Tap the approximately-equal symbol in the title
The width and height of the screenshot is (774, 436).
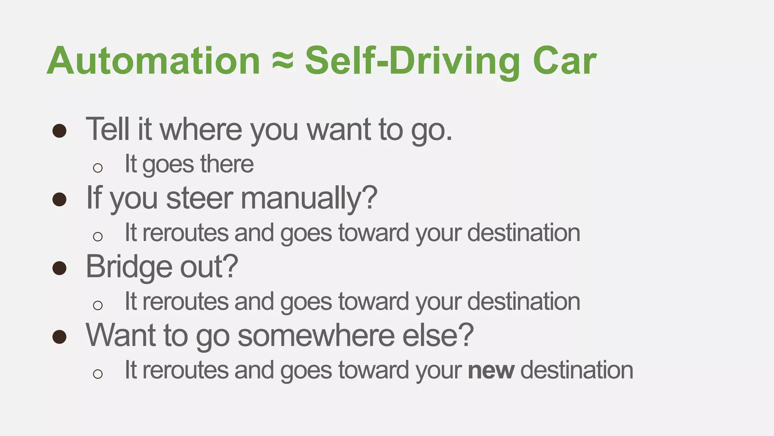(283, 61)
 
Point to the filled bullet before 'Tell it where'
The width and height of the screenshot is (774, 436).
(59, 131)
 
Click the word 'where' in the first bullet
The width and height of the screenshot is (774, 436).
(201, 129)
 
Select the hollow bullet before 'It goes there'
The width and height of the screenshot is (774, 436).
(98, 168)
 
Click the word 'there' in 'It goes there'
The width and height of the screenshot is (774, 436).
(227, 164)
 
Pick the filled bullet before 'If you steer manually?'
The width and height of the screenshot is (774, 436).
(59, 199)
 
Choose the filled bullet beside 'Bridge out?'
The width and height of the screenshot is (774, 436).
(59, 268)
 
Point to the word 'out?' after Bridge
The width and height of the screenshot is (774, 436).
(209, 267)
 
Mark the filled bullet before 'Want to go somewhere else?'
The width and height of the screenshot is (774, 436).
(59, 337)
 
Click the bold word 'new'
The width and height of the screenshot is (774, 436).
(491, 371)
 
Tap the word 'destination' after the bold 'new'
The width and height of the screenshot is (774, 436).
(577, 370)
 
